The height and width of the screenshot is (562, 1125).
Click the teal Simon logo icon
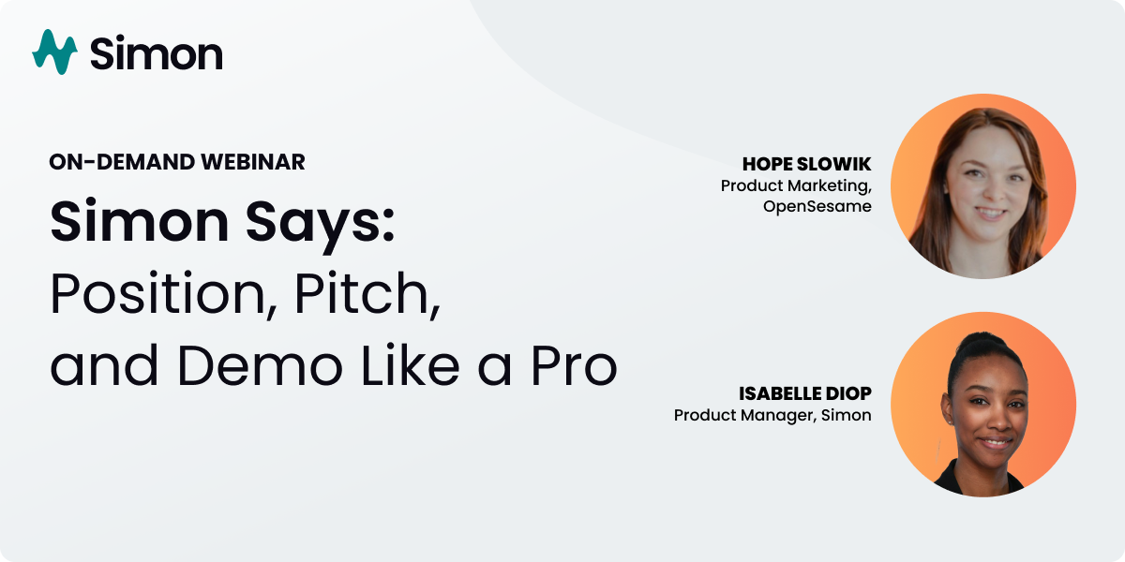(x=54, y=52)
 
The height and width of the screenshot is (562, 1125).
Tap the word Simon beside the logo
(x=157, y=53)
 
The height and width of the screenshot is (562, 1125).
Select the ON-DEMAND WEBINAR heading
(x=177, y=162)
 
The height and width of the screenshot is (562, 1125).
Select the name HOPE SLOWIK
(x=807, y=166)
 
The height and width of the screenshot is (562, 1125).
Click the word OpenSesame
(x=817, y=206)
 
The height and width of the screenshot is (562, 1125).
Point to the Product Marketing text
(x=795, y=186)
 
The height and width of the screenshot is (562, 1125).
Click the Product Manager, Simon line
(x=772, y=415)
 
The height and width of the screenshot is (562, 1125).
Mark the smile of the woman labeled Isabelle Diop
(x=996, y=441)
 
